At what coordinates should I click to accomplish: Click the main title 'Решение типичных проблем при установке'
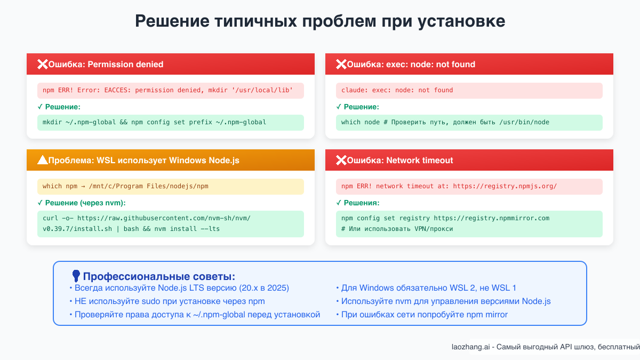[x=319, y=21]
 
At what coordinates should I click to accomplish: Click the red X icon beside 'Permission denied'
[x=42, y=64]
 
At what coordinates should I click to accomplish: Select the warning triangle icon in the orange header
[x=42, y=160]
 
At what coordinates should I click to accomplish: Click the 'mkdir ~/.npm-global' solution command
[x=154, y=122]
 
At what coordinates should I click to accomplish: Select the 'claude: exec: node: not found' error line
[x=397, y=90]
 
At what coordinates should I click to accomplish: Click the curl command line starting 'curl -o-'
[x=146, y=218]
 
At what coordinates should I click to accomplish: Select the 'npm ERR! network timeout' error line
[x=449, y=186]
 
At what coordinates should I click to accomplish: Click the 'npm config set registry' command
[x=445, y=218]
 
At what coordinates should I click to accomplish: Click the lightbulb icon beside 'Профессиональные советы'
[x=76, y=276]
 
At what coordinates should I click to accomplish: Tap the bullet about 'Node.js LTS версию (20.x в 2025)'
[x=181, y=288]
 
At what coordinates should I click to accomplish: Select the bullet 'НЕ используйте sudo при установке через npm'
[x=169, y=301]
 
